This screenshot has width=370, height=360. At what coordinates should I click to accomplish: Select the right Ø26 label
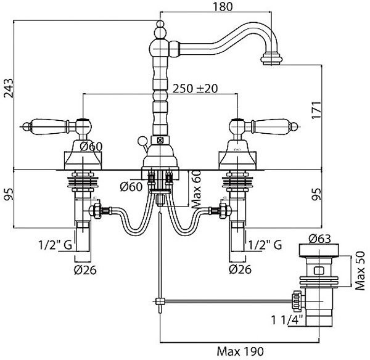point(239,269)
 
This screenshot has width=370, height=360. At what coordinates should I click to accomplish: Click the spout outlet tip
point(271,59)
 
